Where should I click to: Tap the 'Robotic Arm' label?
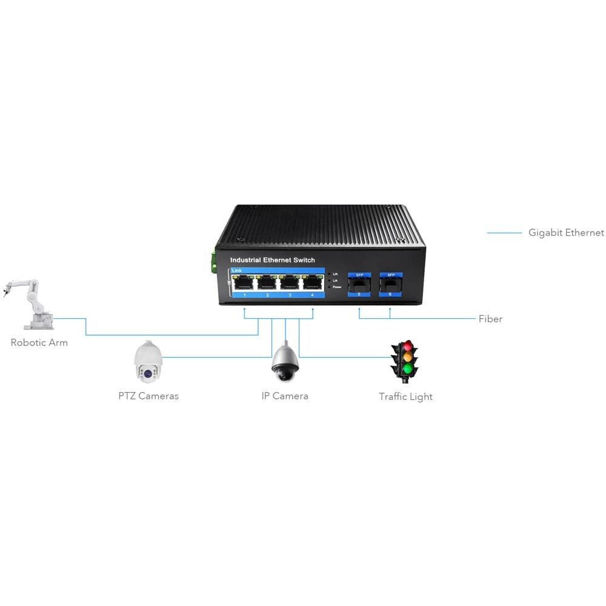tap(39, 343)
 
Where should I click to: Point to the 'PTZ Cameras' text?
tap(148, 396)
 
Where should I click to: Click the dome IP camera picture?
tap(284, 363)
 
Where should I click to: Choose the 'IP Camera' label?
tap(285, 396)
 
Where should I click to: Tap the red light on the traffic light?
tap(407, 347)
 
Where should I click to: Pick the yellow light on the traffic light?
tap(407, 358)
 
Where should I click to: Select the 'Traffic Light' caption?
tap(405, 397)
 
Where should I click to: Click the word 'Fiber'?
tap(490, 319)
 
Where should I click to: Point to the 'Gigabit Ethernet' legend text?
tap(566, 233)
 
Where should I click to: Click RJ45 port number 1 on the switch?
tap(244, 282)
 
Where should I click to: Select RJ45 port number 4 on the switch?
tap(312, 282)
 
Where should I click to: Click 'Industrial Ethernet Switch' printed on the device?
tap(273, 260)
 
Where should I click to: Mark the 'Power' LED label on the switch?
tap(338, 287)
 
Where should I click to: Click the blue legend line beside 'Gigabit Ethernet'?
tap(504, 233)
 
